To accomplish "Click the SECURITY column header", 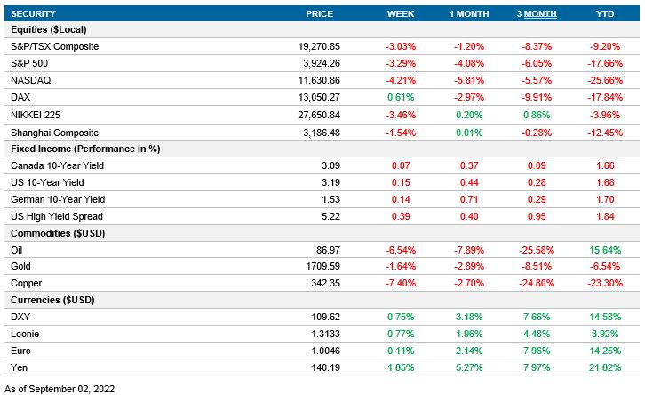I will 32,14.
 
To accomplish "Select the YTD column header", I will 603,14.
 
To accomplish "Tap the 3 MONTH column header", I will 536,14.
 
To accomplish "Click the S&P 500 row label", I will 29,63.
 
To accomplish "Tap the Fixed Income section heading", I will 84,149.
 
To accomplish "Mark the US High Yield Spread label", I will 56,216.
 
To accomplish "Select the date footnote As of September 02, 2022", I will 60,388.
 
